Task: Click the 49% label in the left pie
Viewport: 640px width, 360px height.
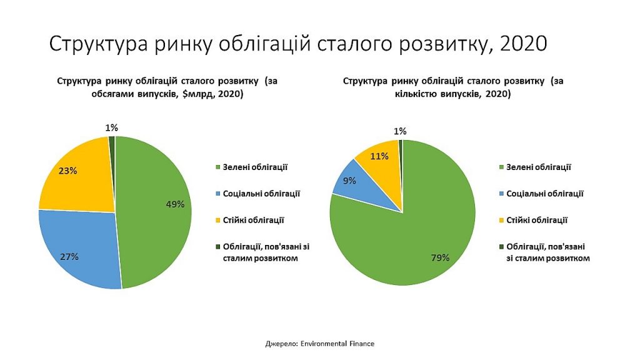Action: pos(175,204)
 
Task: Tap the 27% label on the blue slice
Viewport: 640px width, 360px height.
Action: pos(69,257)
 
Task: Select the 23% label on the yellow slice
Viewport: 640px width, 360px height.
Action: pos(67,171)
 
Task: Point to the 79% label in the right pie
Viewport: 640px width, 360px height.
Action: pos(441,257)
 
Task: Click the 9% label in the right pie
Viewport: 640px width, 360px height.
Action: pos(349,181)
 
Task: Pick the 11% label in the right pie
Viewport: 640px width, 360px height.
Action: pos(379,156)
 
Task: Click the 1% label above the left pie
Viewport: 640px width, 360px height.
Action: pos(111,127)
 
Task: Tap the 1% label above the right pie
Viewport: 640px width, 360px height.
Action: pos(400,131)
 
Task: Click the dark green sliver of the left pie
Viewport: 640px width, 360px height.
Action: pos(112,147)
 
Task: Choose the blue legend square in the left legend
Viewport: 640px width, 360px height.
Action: pos(218,194)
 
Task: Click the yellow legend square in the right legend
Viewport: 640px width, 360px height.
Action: pos(502,221)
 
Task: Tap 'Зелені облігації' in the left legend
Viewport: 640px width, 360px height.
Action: pos(255,167)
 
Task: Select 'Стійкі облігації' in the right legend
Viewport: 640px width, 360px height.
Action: pos(537,221)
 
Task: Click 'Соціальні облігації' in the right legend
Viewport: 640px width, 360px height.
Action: pos(545,194)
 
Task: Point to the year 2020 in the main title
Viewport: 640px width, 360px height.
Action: pos(523,43)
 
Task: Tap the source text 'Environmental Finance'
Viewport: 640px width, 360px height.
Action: pos(337,344)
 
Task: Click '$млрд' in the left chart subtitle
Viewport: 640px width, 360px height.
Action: pos(197,94)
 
